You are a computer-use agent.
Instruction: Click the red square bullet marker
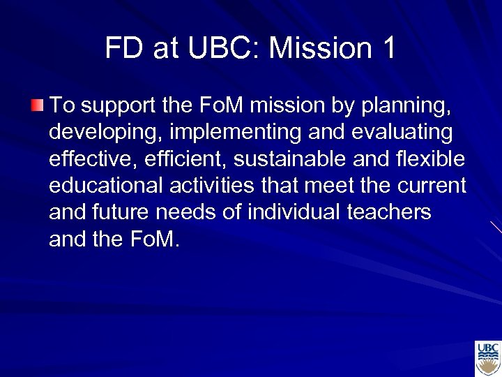click(37, 106)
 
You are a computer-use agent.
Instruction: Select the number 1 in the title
click(388, 48)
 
